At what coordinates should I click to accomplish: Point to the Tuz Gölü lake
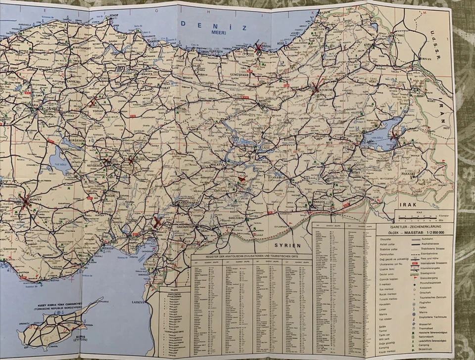60,162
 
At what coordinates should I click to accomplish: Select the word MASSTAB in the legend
420,231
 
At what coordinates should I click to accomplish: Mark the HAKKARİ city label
408,174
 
